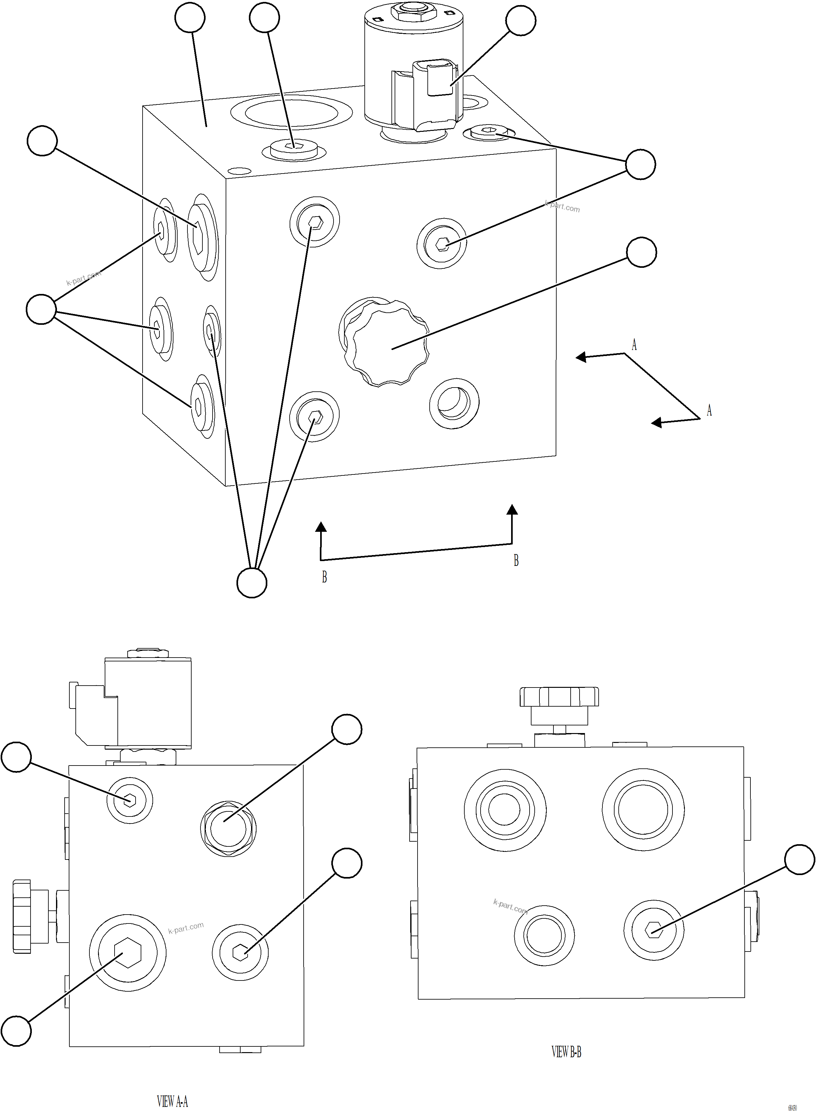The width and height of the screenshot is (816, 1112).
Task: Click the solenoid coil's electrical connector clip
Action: (439, 78)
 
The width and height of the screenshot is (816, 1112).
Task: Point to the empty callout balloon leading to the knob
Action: (641, 252)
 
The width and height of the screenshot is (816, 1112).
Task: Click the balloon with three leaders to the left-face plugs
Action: (41, 310)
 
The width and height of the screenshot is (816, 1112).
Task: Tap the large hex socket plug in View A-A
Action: (127, 952)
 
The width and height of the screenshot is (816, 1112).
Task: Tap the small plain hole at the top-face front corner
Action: (239, 171)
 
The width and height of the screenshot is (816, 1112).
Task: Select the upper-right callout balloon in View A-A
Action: (347, 729)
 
